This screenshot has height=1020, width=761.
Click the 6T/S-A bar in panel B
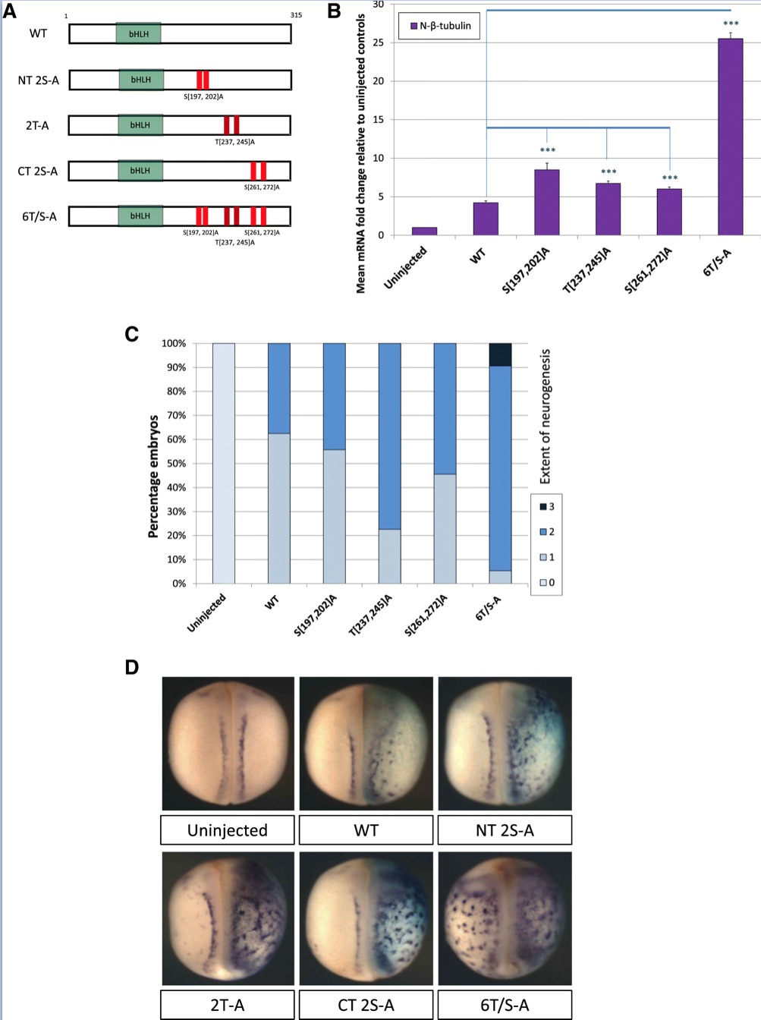click(730, 137)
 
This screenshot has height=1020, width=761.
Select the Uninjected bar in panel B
click(424, 231)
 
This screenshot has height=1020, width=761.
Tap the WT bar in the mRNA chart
click(486, 219)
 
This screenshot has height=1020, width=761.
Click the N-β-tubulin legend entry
click(440, 26)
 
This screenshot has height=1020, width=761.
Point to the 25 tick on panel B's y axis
click(379, 42)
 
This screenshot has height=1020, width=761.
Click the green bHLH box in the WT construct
click(139, 34)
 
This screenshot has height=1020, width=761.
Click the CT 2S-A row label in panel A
click(38, 171)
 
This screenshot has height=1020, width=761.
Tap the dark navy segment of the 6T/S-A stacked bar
click(500, 354)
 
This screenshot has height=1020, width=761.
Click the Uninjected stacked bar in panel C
click(224, 463)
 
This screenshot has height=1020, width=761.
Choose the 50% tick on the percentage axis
click(176, 464)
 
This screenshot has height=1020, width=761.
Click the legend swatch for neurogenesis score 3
click(543, 506)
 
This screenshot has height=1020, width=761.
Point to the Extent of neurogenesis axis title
click(545, 416)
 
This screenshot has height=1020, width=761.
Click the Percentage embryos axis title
click(153, 476)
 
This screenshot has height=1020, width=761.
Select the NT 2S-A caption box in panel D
click(505, 830)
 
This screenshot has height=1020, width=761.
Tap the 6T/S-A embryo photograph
click(505, 918)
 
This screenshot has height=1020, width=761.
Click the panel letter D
click(132, 667)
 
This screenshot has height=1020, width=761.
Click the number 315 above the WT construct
click(296, 15)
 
